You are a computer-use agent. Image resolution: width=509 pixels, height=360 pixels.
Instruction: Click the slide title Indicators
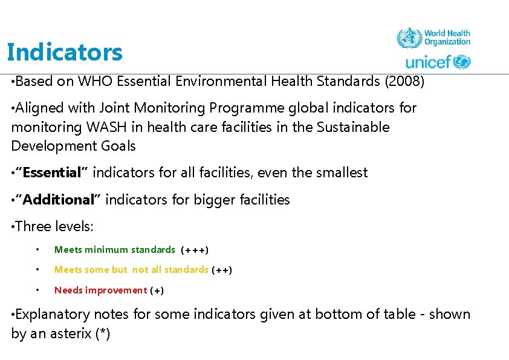click(65, 53)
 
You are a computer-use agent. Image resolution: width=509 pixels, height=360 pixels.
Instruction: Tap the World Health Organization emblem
click(409, 38)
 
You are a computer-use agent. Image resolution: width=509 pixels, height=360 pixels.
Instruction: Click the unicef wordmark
click(429, 62)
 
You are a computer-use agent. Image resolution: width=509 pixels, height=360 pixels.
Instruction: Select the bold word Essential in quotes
click(51, 173)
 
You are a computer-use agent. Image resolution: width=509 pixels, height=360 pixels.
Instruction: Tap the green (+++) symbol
click(195, 250)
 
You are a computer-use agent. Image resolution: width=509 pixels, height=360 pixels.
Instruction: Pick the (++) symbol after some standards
click(222, 270)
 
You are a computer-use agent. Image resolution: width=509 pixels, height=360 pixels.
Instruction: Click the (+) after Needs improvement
click(157, 290)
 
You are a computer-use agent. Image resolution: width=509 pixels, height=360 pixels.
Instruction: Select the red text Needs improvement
click(100, 290)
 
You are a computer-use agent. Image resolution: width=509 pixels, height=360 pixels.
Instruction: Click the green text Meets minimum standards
click(115, 249)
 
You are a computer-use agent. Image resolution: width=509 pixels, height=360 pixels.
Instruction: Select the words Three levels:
click(54, 227)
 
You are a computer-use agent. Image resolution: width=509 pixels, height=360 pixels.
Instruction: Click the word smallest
click(340, 173)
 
